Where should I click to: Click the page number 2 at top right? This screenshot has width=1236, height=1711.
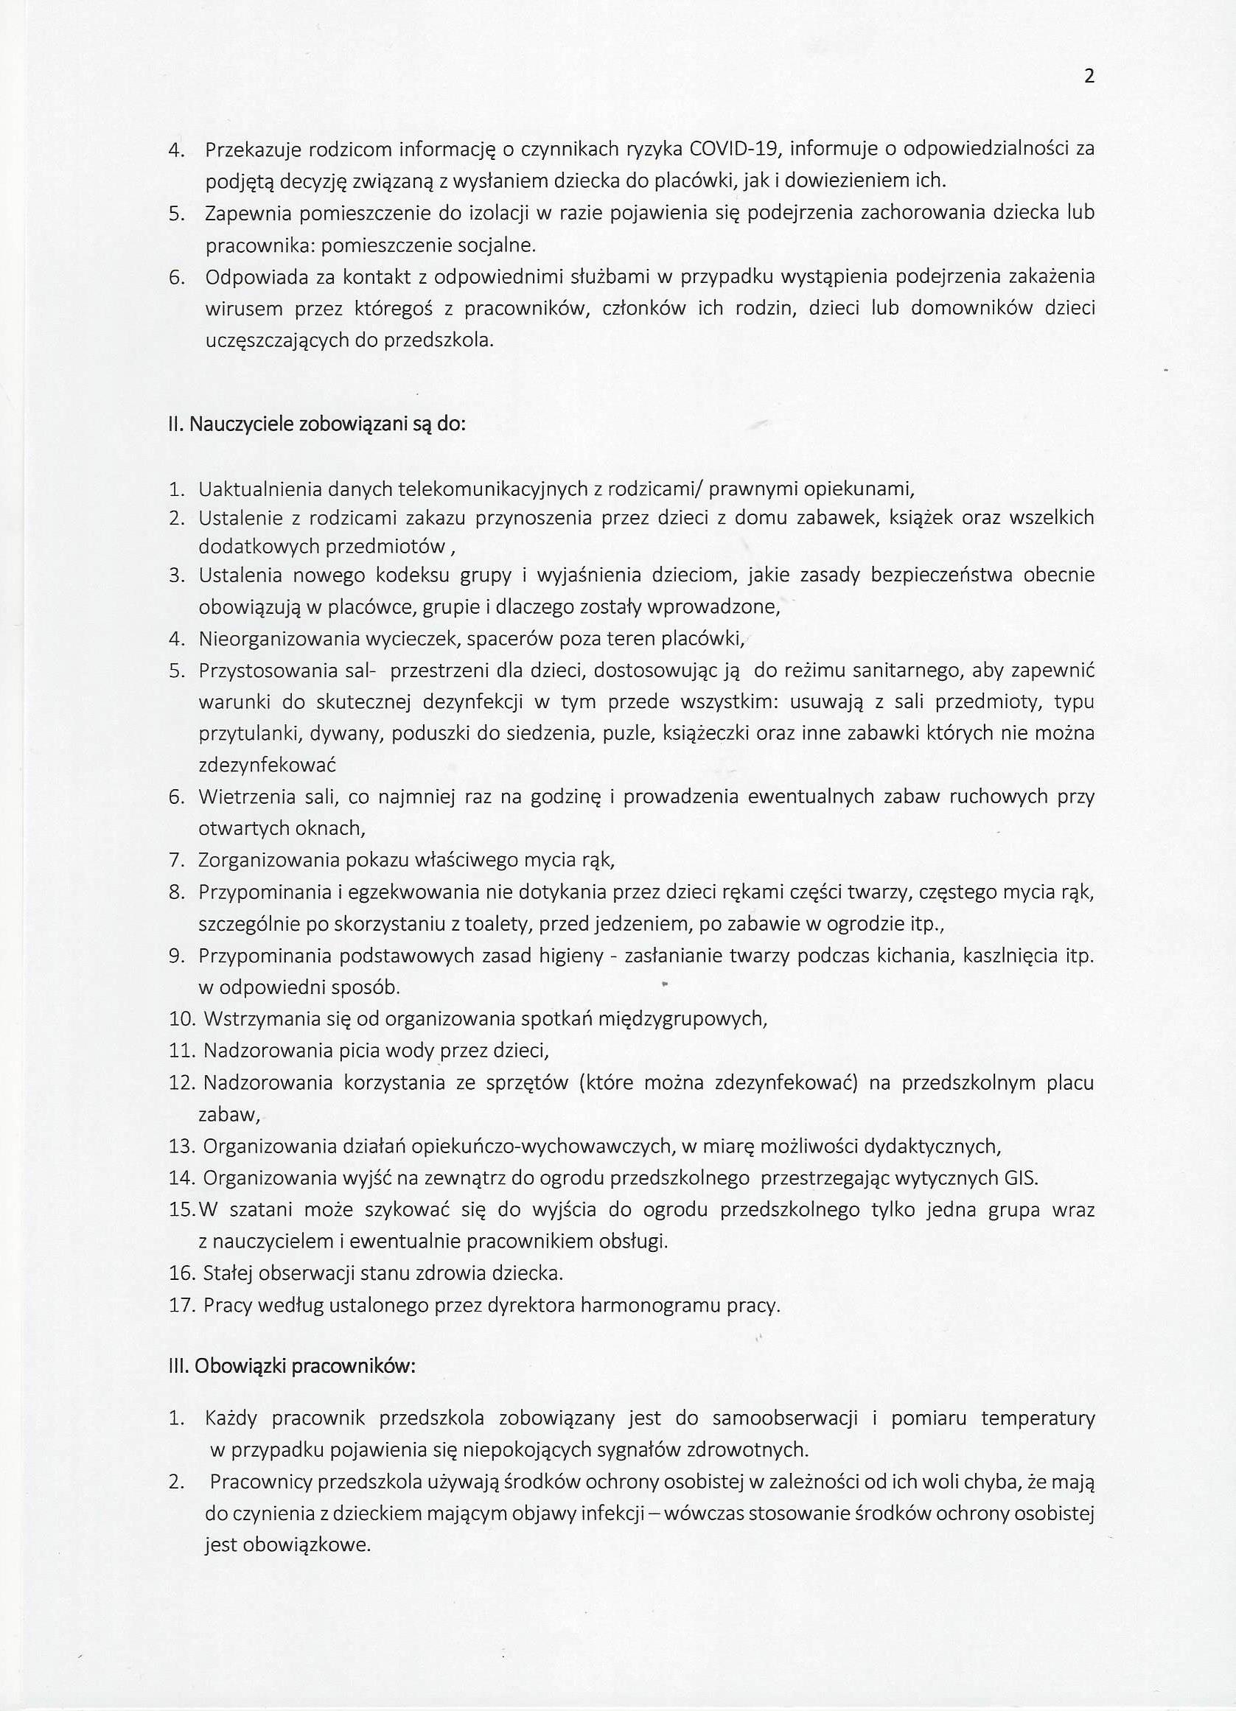[x=1088, y=76]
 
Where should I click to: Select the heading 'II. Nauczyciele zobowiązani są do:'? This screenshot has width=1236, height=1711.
[x=317, y=424]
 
